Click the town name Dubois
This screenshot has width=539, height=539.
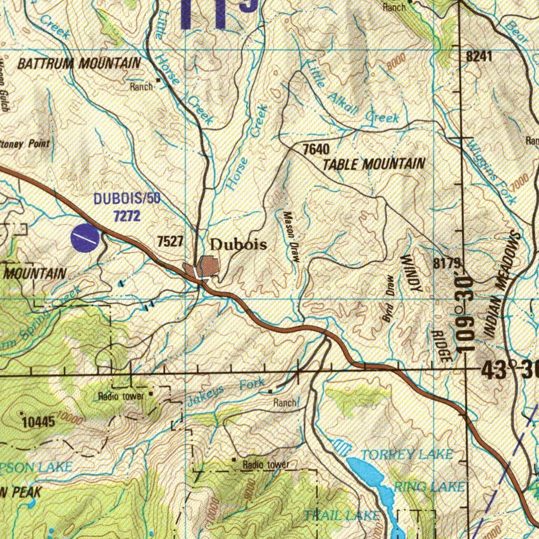[238, 245]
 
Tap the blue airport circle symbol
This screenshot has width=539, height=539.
[84, 237]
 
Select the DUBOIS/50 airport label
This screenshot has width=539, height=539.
[127, 199]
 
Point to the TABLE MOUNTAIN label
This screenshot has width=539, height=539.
[373, 164]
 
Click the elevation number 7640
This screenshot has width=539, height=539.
[316, 149]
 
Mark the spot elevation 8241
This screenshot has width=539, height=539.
[480, 56]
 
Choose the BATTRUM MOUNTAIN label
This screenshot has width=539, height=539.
[79, 64]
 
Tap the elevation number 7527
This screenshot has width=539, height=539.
[171, 242]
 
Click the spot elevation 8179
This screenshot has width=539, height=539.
[447, 264]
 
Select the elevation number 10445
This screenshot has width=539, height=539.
[38, 421]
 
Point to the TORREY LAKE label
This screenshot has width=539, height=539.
[406, 454]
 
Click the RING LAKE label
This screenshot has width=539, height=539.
[429, 486]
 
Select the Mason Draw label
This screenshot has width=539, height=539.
[291, 237]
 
